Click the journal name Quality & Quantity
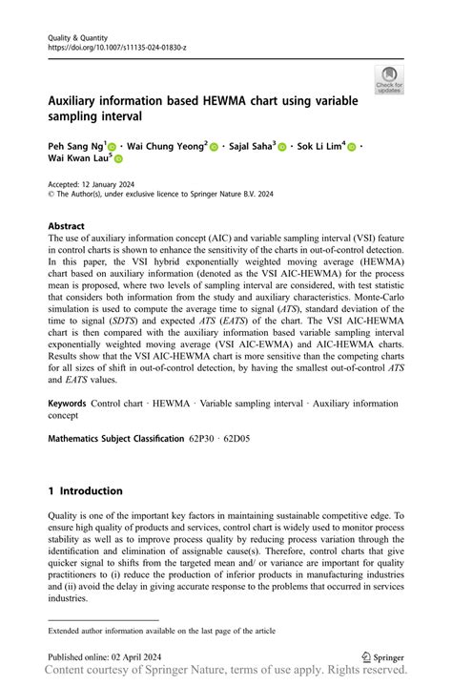click(x=79, y=37)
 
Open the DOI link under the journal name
click(x=117, y=48)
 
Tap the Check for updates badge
click(x=389, y=79)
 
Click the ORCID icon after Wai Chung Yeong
click(x=214, y=147)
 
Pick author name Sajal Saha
click(x=251, y=146)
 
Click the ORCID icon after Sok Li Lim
click(x=351, y=147)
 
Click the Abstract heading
click(x=68, y=227)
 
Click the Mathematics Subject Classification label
click(x=115, y=438)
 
